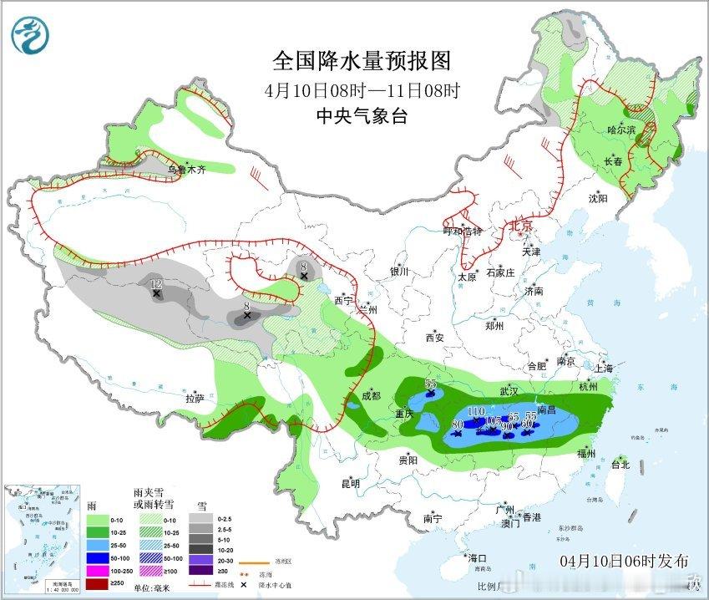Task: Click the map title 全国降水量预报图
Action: point(362,61)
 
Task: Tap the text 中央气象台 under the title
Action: point(362,117)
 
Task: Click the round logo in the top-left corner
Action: point(30,34)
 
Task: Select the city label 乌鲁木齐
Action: point(186,170)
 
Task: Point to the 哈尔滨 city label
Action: point(621,130)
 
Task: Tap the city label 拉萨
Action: point(194,399)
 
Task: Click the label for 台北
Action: point(620,464)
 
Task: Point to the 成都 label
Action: point(372,395)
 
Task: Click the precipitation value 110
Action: point(477,411)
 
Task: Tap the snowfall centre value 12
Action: point(155,285)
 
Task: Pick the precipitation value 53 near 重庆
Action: point(431,384)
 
